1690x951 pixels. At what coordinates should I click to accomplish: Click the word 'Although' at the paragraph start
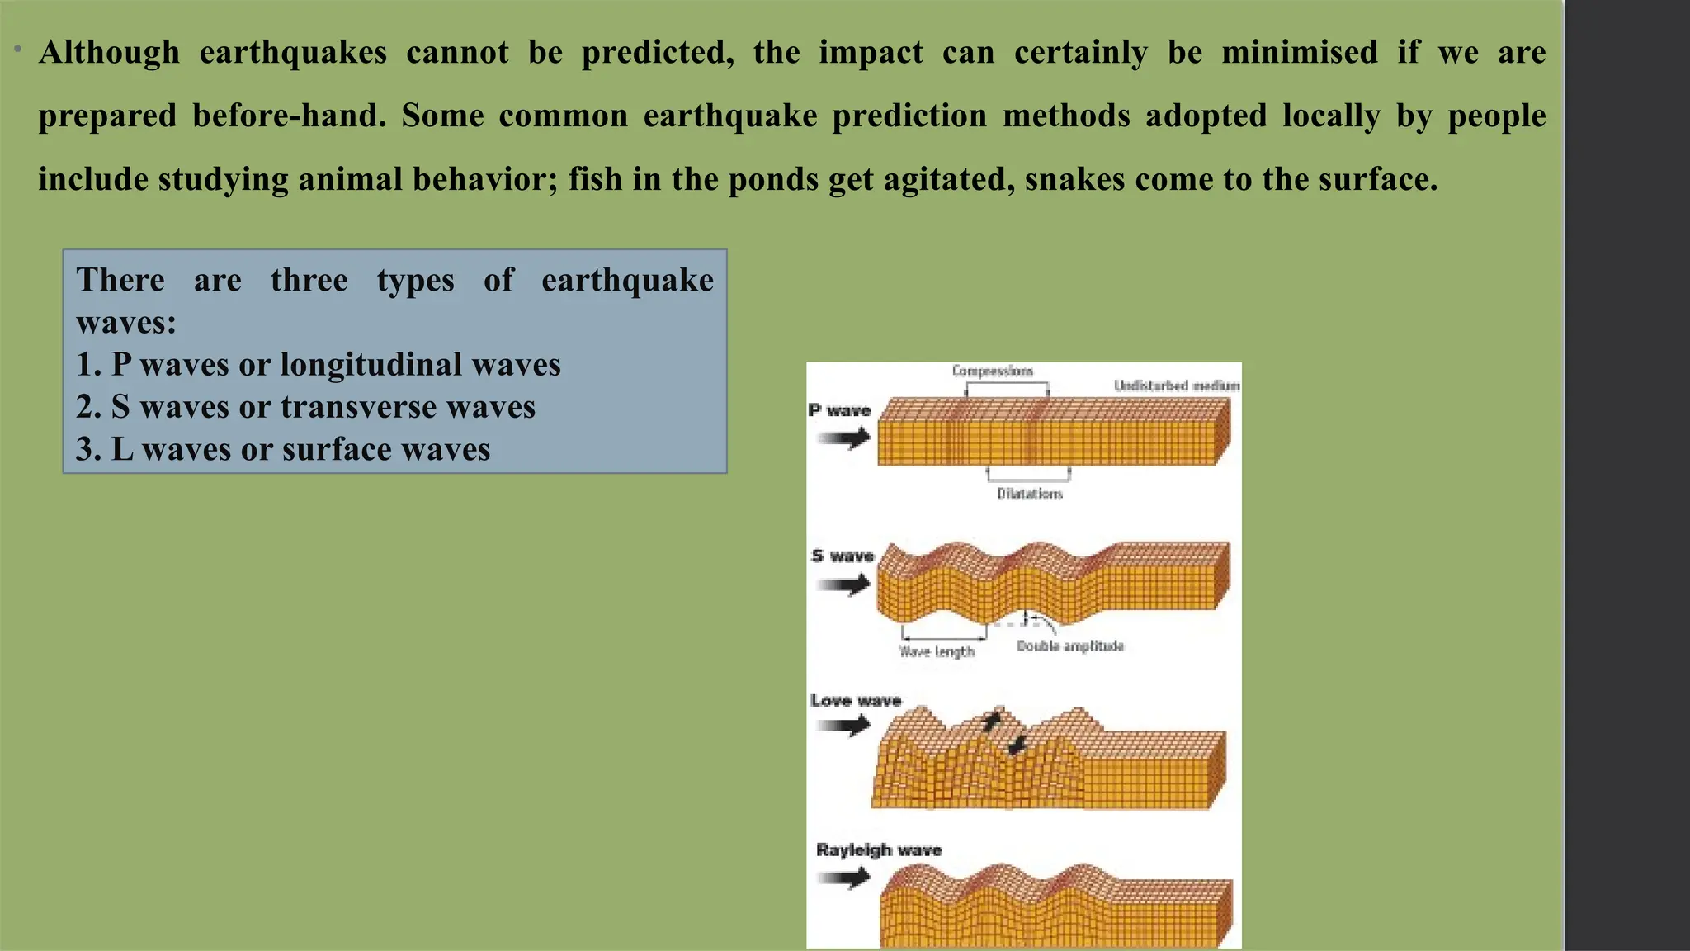coord(109,53)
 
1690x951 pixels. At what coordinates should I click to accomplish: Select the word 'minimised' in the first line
coord(1300,53)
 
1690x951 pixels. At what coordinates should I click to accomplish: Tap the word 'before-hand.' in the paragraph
coord(290,116)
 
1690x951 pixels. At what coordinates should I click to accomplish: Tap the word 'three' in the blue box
coord(309,281)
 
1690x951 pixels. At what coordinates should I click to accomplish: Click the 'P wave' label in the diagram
coord(839,410)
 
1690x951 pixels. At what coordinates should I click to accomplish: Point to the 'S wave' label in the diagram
coord(842,556)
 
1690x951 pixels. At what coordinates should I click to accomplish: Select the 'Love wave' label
coord(855,701)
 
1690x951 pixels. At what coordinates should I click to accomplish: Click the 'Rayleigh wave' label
coord(878,849)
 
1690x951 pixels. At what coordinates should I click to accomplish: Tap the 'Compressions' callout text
coord(992,371)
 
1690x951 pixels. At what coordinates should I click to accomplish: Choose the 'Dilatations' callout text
coord(1029,494)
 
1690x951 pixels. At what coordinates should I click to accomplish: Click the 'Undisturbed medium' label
coord(1176,386)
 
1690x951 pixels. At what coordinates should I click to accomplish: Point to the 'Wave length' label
coord(937,651)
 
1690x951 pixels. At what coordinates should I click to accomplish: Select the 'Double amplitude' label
coord(1069,646)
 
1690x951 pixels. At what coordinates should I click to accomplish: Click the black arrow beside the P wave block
coord(844,438)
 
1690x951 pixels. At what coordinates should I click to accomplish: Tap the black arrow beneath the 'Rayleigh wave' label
coord(844,877)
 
